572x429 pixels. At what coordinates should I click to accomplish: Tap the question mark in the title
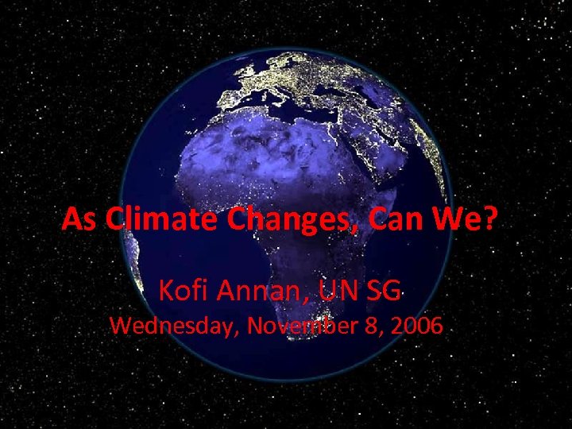point(488,218)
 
